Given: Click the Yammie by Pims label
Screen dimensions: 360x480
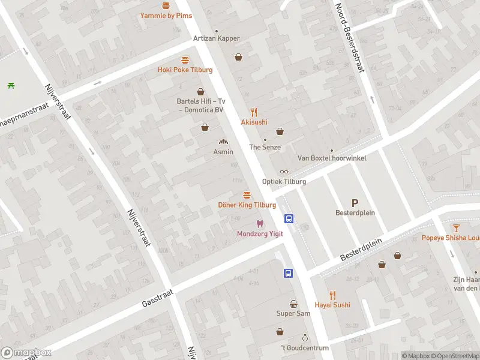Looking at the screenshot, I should point(166,16).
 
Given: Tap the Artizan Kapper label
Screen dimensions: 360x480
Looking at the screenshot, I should point(216,38).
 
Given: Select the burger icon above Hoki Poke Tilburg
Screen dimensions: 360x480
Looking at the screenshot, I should point(185,60).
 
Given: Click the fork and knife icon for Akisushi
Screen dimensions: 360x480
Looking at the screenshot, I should point(254,112).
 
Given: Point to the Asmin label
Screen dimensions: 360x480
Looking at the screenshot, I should point(223,152).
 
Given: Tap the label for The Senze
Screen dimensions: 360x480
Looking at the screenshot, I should point(264,147).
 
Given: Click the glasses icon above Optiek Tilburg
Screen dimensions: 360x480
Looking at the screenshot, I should point(284,172).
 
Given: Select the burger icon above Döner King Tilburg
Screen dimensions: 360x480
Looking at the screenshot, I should point(247,195).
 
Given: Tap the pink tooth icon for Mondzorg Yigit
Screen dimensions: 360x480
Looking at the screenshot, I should point(260,224).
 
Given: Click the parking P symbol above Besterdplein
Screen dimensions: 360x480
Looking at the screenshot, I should point(355,203).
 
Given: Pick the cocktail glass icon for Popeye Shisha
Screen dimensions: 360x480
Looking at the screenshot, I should point(456,227).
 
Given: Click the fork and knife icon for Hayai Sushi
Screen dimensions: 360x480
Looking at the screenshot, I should point(332,295).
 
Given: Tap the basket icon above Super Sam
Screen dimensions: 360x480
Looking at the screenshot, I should point(293,304).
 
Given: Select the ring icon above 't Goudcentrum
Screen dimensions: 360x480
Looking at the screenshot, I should point(305,338).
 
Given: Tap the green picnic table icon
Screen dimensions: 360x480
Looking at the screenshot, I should point(11,85).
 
